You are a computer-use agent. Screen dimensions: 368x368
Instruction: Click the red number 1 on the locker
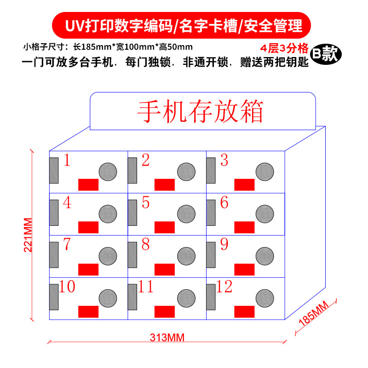tap(67, 161)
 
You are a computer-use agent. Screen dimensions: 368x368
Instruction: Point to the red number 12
tap(224, 287)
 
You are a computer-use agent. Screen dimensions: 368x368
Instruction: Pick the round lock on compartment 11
tap(185, 297)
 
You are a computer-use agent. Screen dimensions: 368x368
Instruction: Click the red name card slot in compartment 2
tap(164, 184)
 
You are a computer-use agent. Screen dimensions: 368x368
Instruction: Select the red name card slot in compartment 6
tap(244, 227)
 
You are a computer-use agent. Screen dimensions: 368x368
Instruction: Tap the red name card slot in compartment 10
tap(88, 311)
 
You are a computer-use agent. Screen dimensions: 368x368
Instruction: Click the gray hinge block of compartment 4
tap(54, 213)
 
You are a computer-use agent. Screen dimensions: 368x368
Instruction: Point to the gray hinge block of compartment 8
tap(132, 254)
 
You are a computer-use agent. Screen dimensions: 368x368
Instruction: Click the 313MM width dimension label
tap(167, 338)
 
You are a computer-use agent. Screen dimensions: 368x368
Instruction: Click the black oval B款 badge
tap(325, 54)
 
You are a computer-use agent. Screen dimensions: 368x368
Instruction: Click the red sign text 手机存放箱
tap(201, 110)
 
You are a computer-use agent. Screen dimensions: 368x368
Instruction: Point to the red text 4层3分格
tap(283, 48)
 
